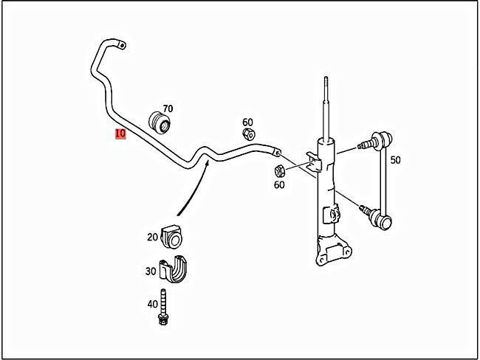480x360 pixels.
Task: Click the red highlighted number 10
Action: (120, 134)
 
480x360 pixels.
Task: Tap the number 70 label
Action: (168, 108)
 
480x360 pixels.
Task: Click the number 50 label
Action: (395, 160)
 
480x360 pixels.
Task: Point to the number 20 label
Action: (152, 237)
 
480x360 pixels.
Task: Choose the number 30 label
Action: (151, 271)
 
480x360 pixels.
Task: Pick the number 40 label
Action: (152, 303)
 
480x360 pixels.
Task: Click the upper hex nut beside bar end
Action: (250, 134)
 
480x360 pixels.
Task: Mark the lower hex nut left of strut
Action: (280, 171)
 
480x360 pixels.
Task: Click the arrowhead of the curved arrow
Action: (208, 163)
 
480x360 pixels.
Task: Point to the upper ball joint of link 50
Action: (381, 138)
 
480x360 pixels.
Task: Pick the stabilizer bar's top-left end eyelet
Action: (120, 45)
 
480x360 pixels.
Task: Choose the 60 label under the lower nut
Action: (279, 184)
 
